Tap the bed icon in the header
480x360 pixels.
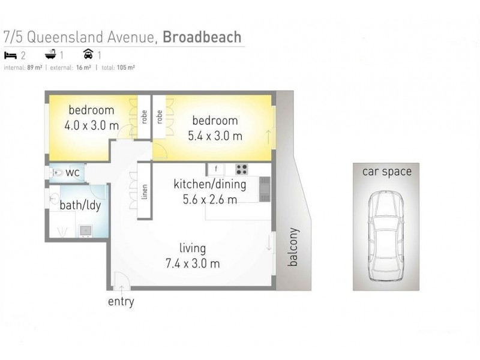[10, 55]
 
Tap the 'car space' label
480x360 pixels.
[386, 172]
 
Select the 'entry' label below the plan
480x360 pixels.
[121, 302]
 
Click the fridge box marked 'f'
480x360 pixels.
[215, 169]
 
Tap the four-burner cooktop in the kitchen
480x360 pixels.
[242, 169]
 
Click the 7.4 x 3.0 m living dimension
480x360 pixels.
[192, 263]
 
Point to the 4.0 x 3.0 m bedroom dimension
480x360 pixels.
[91, 125]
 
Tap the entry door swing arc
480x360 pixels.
[120, 279]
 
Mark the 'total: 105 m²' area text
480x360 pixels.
[117, 68]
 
